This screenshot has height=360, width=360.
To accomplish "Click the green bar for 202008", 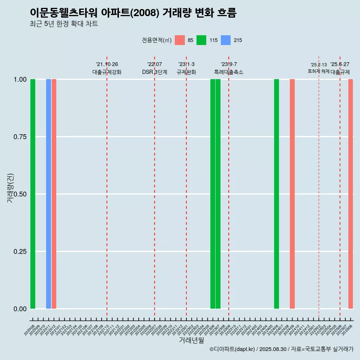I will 33,194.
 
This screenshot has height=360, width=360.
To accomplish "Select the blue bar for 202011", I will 48,194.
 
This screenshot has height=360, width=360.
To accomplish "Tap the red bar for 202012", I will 54,194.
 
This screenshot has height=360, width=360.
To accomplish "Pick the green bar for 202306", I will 213,194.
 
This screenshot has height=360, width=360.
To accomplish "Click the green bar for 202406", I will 276,194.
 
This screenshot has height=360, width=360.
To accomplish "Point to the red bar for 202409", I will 292,194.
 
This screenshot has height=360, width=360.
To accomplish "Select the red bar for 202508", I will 351,194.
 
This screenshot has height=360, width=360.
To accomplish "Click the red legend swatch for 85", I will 180,40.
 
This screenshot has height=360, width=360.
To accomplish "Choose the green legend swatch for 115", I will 202,40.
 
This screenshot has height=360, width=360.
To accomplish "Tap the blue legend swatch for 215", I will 226,40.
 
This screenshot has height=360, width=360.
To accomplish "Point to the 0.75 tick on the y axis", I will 20,137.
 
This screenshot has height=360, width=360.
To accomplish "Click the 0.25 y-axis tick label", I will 20,252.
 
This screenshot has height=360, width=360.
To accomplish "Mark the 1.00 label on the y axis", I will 20,79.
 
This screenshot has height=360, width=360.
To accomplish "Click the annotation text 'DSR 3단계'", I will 154,72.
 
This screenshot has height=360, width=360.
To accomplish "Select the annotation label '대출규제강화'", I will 107,72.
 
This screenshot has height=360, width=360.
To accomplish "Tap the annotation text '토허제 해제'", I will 319,71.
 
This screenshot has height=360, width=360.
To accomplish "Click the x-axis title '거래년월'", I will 192,340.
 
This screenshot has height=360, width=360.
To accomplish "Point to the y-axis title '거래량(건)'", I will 10,188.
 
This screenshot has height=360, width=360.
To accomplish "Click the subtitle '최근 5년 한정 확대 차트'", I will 64,24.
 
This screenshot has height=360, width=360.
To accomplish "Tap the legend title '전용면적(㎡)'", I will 157,40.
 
